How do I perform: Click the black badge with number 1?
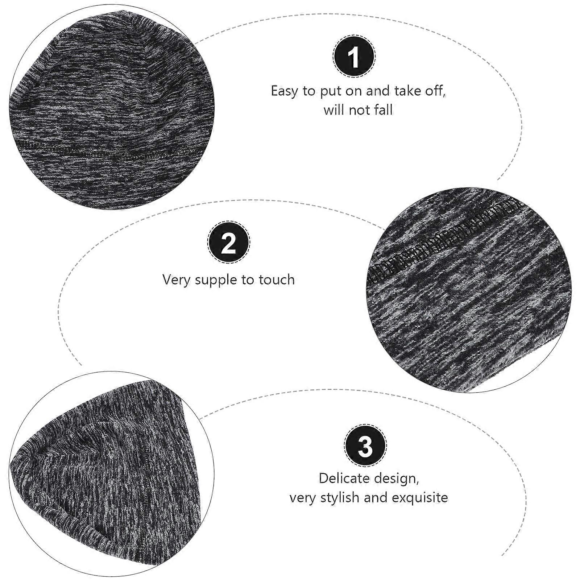354,56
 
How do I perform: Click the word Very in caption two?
177,280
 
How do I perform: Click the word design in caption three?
399,479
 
